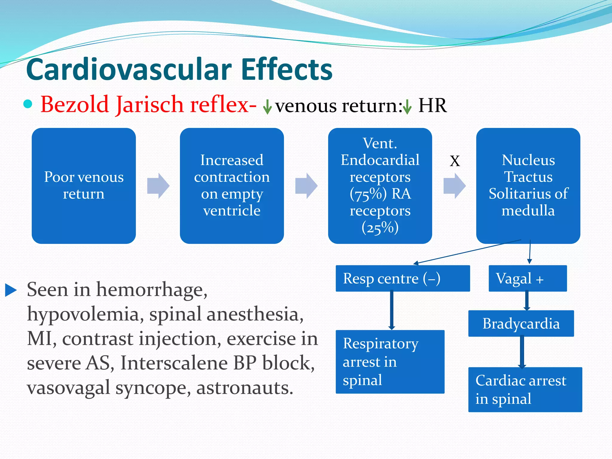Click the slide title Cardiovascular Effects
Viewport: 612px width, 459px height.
click(179, 69)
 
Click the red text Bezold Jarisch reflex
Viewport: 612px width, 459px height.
click(149, 105)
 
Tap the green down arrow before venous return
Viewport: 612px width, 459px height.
click(267, 107)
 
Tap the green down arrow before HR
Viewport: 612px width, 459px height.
click(407, 107)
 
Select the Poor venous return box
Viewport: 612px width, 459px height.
click(84, 186)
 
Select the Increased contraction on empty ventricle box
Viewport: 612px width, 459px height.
click(232, 186)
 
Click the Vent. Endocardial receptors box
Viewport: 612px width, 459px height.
click(380, 186)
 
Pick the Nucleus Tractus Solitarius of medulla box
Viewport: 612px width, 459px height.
click(528, 186)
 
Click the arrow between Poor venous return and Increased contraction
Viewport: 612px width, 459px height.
click(158, 186)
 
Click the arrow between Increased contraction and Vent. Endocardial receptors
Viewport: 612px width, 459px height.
click(306, 186)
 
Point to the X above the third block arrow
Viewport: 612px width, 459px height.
click(455, 161)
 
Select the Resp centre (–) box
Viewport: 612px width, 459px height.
click(403, 278)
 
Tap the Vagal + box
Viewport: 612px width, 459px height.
click(527, 278)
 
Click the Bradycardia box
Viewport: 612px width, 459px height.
click(521, 323)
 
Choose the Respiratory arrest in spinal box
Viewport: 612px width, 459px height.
click(390, 362)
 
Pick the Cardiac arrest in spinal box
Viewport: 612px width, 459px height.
click(525, 389)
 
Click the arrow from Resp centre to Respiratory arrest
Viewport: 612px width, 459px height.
click(391, 311)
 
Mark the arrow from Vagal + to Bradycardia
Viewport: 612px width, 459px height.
click(527, 301)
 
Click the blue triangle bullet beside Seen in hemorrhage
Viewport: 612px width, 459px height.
click(11, 290)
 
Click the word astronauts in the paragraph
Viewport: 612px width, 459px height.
click(244, 388)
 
